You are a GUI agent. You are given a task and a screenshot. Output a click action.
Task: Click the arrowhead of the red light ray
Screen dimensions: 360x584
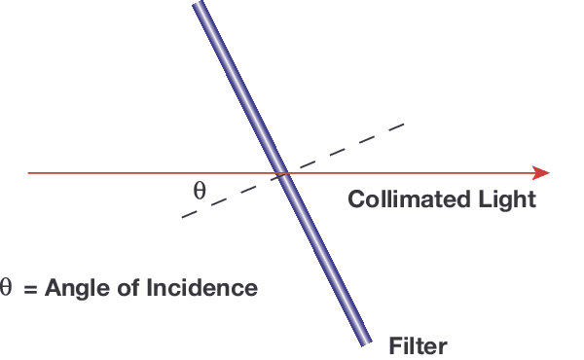click(x=543, y=173)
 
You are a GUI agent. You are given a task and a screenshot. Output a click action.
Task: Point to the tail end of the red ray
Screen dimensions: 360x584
click(x=29, y=173)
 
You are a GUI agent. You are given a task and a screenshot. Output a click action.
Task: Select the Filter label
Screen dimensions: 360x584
click(x=418, y=344)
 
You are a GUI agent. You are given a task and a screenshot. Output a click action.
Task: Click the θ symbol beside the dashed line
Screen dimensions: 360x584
click(x=200, y=190)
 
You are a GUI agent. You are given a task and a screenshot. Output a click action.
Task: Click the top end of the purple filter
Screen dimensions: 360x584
click(x=200, y=6)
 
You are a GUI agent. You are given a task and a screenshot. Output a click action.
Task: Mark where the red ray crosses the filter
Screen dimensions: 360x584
click(x=281, y=173)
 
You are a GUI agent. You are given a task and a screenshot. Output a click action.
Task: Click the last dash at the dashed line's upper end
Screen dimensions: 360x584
click(x=393, y=127)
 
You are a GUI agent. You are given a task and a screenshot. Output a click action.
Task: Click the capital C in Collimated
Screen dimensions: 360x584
click(x=356, y=199)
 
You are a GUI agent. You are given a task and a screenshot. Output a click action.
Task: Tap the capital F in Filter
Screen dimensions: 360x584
click(x=394, y=344)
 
